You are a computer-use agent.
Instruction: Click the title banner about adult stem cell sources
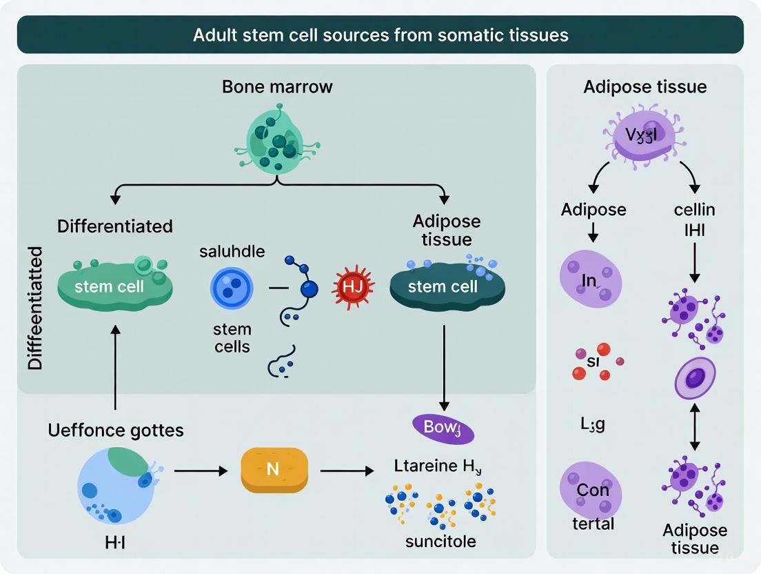[x=380, y=34]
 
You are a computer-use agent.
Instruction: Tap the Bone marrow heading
[x=277, y=87]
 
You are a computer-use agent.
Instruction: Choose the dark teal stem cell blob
[x=443, y=286]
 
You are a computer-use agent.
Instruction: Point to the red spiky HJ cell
[x=352, y=286]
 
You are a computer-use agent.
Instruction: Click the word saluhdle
[x=232, y=251]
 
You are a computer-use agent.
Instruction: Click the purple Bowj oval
[x=443, y=427]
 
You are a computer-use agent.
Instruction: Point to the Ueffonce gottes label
[x=116, y=431]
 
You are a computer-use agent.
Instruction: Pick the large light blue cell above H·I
[x=115, y=486]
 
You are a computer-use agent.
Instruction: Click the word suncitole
[x=440, y=541]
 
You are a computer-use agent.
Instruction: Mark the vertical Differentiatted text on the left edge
[x=35, y=308]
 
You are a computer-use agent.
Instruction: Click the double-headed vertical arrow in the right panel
[x=695, y=426]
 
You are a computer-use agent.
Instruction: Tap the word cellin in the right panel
[x=695, y=209]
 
